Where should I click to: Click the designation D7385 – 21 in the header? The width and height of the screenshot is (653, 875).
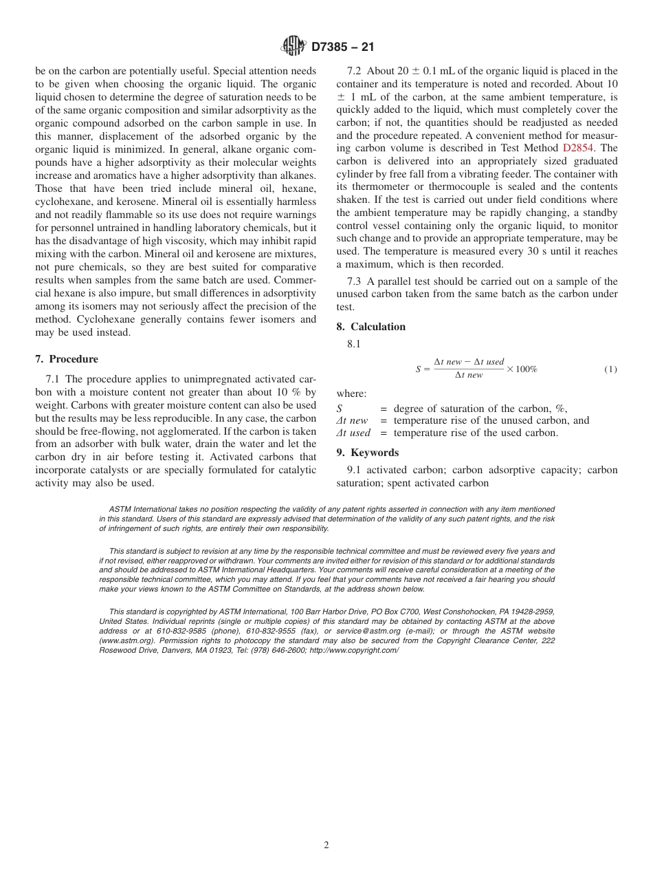coord(342,47)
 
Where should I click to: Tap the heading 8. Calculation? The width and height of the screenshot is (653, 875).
coord(371,327)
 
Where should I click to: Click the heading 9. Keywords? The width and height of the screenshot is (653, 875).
coord(368,453)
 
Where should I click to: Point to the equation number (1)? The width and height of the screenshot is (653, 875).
coord(610,369)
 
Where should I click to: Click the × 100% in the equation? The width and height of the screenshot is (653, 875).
coord(522,369)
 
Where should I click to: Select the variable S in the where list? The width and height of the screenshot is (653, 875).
coord(340,409)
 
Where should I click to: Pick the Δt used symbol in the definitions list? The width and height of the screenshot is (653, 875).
coord(353,433)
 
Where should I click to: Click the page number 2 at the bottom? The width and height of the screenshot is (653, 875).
coord(326,845)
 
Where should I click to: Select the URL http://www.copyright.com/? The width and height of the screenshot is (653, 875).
coord(354,650)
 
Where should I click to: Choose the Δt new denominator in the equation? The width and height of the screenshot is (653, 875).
coord(468,376)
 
